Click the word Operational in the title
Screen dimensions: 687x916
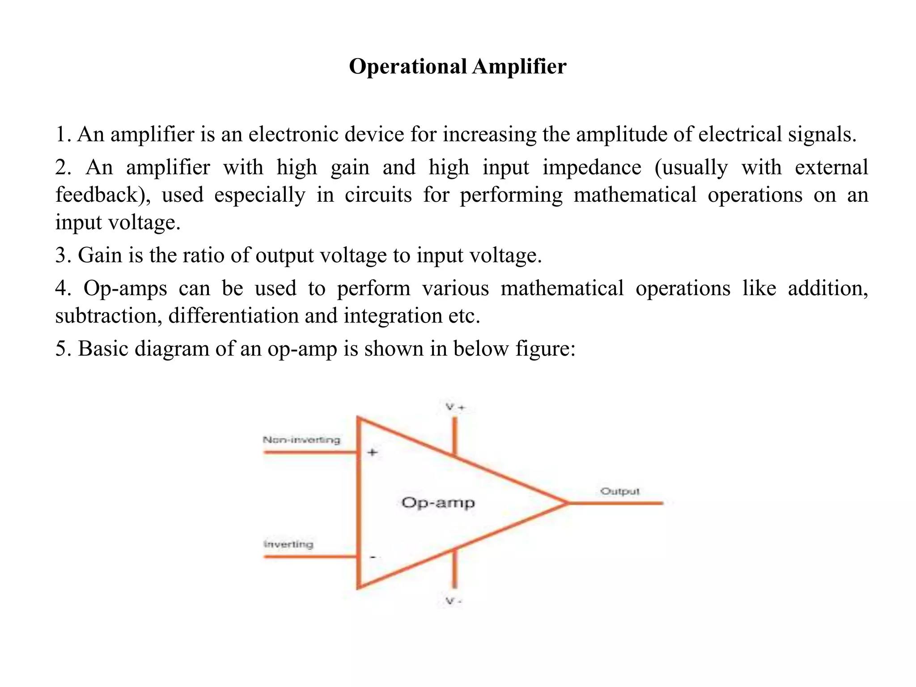tap(407, 67)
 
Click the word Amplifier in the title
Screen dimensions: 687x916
tap(519, 67)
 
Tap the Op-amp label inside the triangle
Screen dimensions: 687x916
tap(438, 503)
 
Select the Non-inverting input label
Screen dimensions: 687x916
tap(301, 440)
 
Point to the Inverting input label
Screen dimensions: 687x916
tap(288, 544)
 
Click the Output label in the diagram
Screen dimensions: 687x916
tap(620, 492)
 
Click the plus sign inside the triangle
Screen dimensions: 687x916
tap(372, 453)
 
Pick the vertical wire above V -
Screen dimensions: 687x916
tap(455, 568)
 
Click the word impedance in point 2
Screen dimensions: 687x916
tap(592, 168)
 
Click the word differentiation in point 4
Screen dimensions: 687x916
tap(233, 316)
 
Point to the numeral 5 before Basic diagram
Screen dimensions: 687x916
tap(61, 349)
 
